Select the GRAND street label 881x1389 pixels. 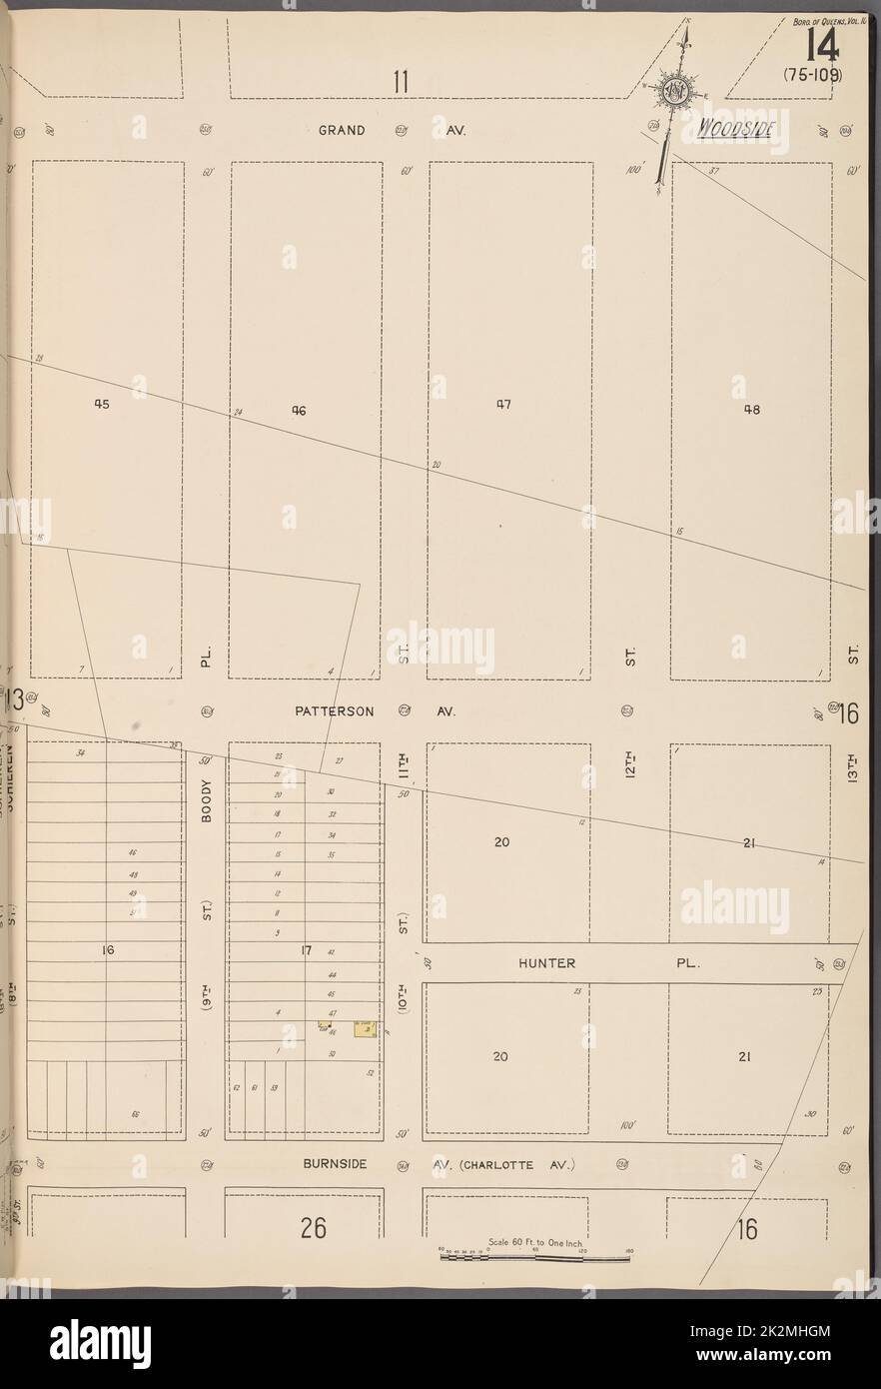click(x=342, y=130)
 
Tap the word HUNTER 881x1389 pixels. click(x=546, y=963)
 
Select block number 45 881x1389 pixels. click(x=102, y=405)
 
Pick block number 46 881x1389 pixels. click(x=298, y=409)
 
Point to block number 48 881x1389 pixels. click(x=751, y=409)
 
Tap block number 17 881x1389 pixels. click(x=308, y=950)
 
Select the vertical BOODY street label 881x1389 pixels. click(x=207, y=801)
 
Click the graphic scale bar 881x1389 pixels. click(x=534, y=1257)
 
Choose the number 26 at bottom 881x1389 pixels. click(x=313, y=1228)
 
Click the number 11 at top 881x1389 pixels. click(x=401, y=82)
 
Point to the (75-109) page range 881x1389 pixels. click(x=813, y=75)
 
